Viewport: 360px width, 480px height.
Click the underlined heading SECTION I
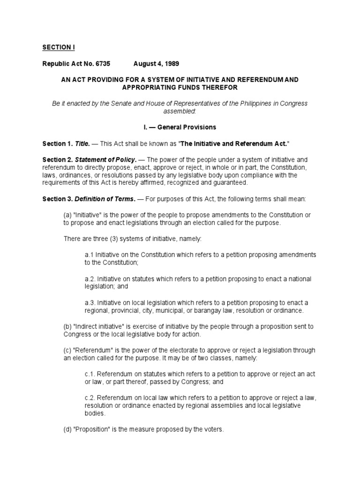(x=59, y=47)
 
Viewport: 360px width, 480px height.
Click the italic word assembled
(x=180, y=111)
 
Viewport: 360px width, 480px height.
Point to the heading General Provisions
(x=187, y=127)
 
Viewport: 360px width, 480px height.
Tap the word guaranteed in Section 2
(x=223, y=183)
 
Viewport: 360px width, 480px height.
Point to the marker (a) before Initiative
(x=67, y=215)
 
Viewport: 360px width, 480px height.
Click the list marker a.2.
(x=90, y=279)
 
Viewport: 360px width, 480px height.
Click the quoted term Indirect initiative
(x=99, y=326)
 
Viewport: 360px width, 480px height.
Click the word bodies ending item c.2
(x=95, y=414)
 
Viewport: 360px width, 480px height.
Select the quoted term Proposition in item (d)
(x=91, y=429)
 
